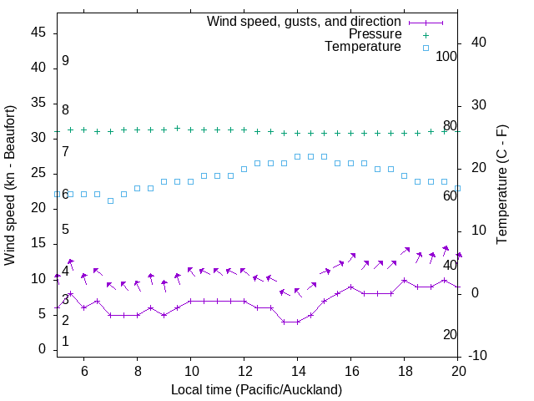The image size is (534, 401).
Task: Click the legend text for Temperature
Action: [363, 47]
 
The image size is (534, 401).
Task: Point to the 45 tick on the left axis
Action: [38, 33]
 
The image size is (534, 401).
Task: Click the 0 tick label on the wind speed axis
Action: [42, 349]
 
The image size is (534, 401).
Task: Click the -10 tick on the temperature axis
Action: [480, 356]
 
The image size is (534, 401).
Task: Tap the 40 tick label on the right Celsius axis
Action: [480, 43]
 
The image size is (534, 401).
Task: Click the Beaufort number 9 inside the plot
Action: [65, 61]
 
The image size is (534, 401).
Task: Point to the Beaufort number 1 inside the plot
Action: [65, 342]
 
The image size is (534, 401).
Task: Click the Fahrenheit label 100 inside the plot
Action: [446, 56]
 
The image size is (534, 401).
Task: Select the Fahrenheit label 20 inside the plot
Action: [450, 334]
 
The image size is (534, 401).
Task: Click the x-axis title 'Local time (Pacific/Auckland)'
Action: [256, 389]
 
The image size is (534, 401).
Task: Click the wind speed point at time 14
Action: [297, 322]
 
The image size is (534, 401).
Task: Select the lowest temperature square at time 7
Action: [110, 200]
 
